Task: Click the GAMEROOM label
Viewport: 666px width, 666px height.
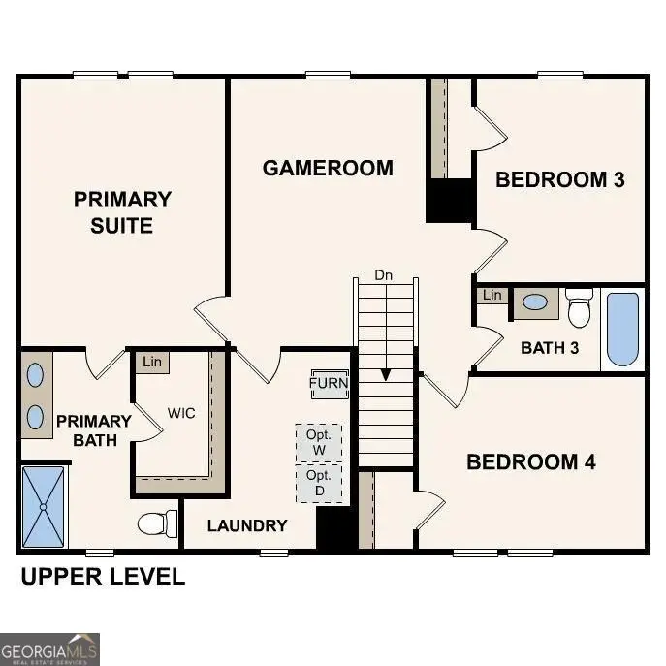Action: [328, 168]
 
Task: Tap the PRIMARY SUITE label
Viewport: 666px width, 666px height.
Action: [122, 212]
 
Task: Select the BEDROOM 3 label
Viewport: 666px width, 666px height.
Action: [559, 179]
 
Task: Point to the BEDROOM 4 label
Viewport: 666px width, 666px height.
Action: [530, 461]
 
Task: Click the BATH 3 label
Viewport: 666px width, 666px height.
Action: [550, 347]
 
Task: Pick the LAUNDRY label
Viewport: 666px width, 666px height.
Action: [247, 525]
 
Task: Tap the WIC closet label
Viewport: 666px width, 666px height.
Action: [181, 413]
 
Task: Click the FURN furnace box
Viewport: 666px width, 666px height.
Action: [329, 383]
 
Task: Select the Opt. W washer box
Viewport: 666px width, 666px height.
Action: [319, 442]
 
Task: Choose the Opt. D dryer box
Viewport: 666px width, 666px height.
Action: [319, 484]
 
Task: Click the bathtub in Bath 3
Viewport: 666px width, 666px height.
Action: [623, 329]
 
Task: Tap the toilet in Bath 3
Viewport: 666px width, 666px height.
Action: [580, 307]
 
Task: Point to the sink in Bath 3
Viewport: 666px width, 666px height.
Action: [534, 302]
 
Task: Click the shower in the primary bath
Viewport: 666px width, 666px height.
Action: [44, 506]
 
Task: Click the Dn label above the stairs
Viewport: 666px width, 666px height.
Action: [384, 275]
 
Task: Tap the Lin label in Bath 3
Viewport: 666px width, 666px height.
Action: [492, 295]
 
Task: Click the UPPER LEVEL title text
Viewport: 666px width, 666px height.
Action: [103, 577]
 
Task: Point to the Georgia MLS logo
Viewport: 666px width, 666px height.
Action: [49, 649]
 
